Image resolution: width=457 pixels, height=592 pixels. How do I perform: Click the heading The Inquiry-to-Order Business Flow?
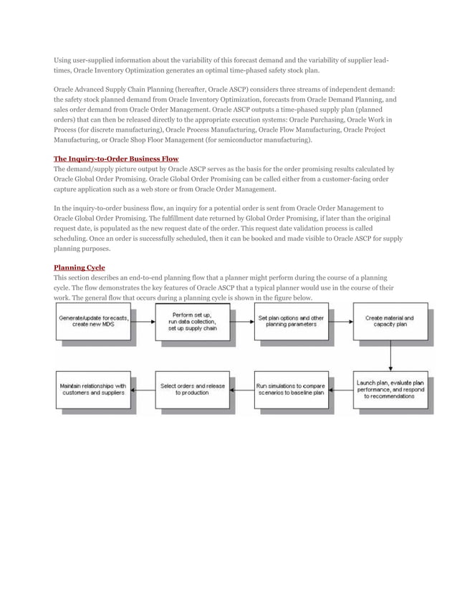(116, 158)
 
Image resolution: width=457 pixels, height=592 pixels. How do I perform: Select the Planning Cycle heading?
(79, 267)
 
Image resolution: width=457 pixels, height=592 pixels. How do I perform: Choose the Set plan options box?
(291, 322)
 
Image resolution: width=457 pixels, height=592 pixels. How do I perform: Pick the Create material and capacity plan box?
(390, 322)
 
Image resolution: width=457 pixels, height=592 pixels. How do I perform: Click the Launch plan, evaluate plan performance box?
(390, 389)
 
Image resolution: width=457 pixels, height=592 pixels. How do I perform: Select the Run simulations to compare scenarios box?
(291, 389)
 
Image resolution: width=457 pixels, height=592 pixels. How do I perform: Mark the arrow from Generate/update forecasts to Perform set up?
(143, 322)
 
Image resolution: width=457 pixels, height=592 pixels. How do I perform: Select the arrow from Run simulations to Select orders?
(241, 390)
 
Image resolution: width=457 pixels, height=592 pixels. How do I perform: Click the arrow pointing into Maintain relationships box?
(143, 390)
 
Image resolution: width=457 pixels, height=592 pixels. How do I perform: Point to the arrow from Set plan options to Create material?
(340, 322)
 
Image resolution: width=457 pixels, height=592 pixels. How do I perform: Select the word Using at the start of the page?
(63, 59)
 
